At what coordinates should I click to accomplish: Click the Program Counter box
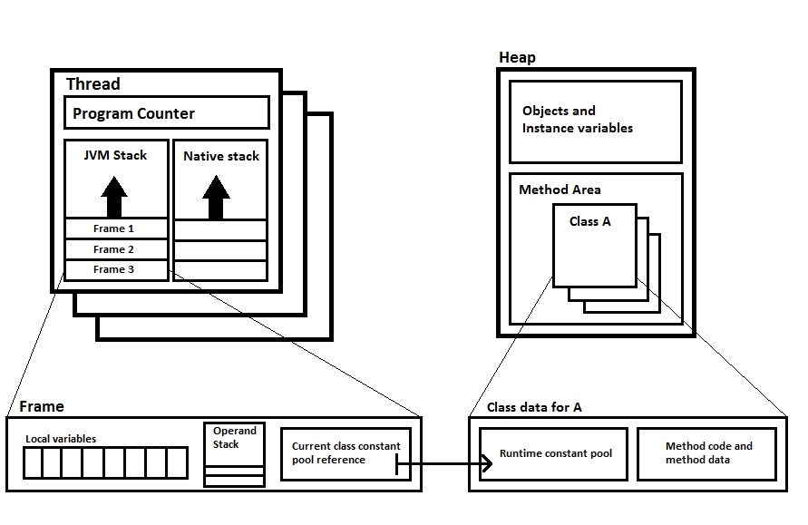click(x=166, y=113)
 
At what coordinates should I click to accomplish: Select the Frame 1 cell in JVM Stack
click(x=115, y=228)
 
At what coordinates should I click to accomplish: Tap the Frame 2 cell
click(x=115, y=249)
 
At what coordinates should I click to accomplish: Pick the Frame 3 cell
click(x=115, y=269)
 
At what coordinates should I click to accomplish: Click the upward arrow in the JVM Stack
click(x=115, y=198)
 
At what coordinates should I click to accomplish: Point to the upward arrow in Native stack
click(x=216, y=198)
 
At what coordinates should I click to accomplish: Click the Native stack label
click(x=221, y=156)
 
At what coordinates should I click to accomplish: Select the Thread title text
click(x=92, y=84)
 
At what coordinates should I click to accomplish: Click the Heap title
click(x=517, y=58)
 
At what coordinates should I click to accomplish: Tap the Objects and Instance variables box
click(x=595, y=121)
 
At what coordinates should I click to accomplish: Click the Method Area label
click(x=560, y=190)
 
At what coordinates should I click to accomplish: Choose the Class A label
click(x=589, y=220)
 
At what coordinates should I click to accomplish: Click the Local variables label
click(x=61, y=439)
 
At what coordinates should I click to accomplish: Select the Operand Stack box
click(x=235, y=454)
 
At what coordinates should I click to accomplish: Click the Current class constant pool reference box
click(x=346, y=453)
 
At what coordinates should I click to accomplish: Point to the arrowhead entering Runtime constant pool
click(x=487, y=466)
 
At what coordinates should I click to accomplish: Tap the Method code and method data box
click(x=708, y=453)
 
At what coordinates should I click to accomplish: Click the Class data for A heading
click(x=534, y=407)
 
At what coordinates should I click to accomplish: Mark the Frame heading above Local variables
click(x=41, y=407)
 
